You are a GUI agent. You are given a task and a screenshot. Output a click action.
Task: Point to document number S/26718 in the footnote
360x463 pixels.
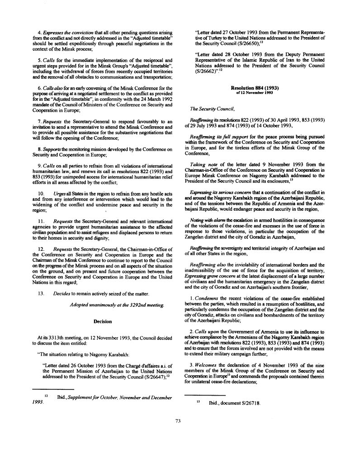[247, 403]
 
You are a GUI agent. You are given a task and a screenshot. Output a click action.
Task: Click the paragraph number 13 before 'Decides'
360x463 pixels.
[41, 293]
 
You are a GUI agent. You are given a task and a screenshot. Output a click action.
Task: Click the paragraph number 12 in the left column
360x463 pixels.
[41, 249]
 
